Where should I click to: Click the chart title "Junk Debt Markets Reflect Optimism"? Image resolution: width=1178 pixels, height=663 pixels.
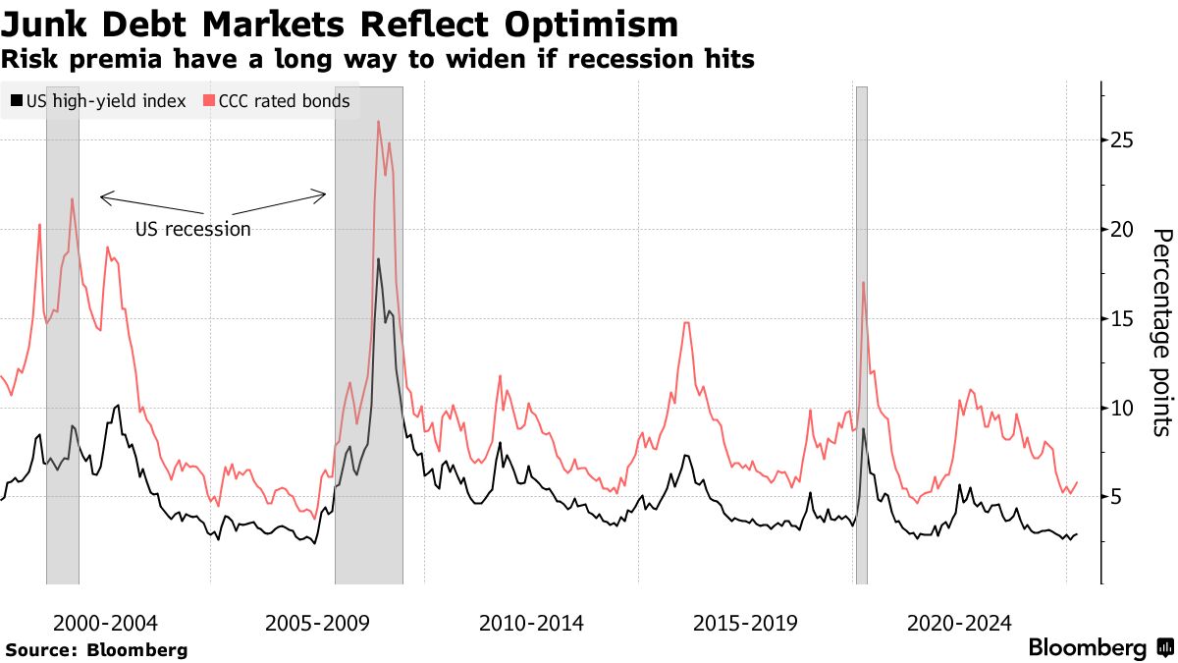pyautogui.click(x=340, y=24)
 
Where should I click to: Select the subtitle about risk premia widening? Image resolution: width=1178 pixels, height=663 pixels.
pyautogui.click(x=377, y=60)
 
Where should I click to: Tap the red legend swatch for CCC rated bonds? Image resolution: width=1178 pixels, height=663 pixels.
pyautogui.click(x=208, y=101)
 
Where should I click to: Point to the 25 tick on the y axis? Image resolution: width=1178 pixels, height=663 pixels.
pyautogui.click(x=1122, y=140)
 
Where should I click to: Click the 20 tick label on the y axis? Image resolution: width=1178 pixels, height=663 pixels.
pyautogui.click(x=1122, y=230)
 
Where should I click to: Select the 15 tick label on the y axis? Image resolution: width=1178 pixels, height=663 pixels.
pyautogui.click(x=1122, y=319)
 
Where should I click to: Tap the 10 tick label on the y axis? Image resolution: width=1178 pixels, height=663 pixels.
pyautogui.click(x=1122, y=408)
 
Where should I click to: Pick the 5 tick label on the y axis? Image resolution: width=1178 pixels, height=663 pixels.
pyautogui.click(x=1116, y=497)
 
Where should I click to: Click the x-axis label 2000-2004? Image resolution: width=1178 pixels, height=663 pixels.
pyautogui.click(x=105, y=623)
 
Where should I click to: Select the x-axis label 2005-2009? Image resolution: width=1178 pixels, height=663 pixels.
pyautogui.click(x=318, y=623)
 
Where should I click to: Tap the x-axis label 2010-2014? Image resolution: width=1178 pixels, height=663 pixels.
pyautogui.click(x=531, y=623)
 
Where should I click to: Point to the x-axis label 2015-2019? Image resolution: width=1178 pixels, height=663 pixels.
pyautogui.click(x=745, y=623)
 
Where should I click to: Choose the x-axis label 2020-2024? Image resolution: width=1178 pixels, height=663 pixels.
pyautogui.click(x=959, y=623)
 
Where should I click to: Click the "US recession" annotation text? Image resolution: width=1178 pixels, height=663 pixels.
pyautogui.click(x=192, y=230)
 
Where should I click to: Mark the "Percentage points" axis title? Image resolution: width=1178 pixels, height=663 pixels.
pyautogui.click(x=1161, y=332)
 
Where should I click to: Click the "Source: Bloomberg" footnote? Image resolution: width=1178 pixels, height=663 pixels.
pyautogui.click(x=96, y=649)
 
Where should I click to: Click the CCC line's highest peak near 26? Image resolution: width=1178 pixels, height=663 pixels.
pyautogui.click(x=378, y=122)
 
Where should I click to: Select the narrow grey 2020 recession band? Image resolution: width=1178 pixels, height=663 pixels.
pyautogui.click(x=861, y=334)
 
